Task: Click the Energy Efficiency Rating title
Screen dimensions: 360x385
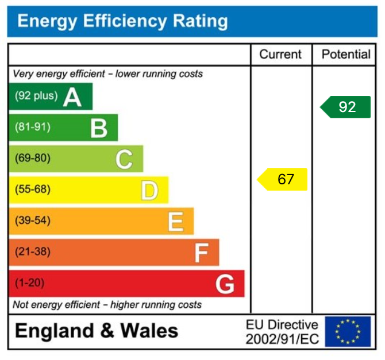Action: click(122, 22)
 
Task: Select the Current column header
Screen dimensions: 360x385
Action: click(280, 55)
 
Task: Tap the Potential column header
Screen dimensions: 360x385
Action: click(346, 55)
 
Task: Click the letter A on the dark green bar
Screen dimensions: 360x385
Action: click(72, 96)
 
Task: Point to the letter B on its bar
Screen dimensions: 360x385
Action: click(99, 128)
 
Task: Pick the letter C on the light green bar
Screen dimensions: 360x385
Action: click(124, 159)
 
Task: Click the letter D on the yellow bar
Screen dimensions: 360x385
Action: click(149, 191)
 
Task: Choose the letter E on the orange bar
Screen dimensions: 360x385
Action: click(175, 222)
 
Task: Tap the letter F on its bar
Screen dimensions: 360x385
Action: click(201, 253)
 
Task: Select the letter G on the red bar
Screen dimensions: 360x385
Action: click(225, 284)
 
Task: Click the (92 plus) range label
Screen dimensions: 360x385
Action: click(36, 96)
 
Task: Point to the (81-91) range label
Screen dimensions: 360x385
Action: click(33, 127)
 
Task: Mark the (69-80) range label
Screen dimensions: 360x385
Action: click(33, 158)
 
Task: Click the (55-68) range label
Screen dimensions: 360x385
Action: click(33, 189)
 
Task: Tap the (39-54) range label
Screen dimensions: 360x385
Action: click(33, 220)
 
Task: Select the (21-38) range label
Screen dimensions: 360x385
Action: click(33, 251)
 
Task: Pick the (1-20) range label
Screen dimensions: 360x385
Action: click(30, 282)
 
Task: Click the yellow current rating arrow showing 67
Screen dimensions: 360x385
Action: click(283, 180)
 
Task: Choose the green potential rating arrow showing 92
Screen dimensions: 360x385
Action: click(345, 107)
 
